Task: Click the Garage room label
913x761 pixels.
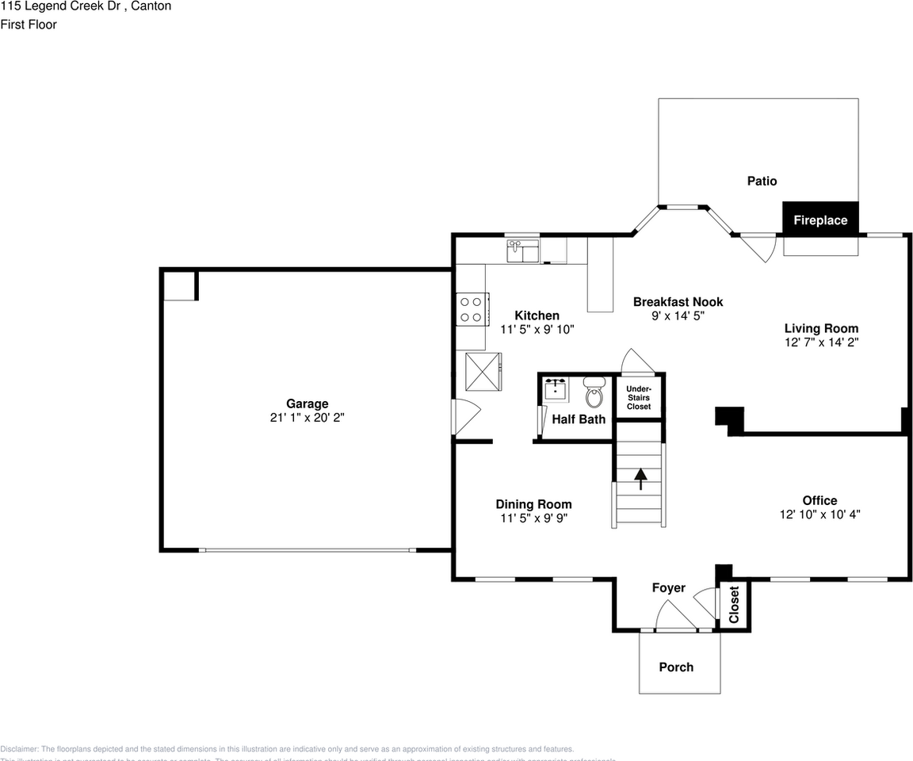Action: (x=307, y=403)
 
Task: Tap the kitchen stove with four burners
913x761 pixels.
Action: (x=471, y=308)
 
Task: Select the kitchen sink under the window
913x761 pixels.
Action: (x=522, y=251)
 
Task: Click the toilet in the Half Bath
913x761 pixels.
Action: (x=594, y=393)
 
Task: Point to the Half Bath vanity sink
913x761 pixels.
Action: (x=556, y=389)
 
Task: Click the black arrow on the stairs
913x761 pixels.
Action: (x=640, y=479)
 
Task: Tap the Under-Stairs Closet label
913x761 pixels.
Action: (x=639, y=397)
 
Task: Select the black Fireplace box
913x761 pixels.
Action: (x=820, y=220)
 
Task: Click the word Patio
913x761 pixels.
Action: (x=762, y=181)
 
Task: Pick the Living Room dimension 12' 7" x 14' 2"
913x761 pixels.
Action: (x=821, y=342)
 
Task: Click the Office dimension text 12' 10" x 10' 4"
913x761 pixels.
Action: (x=819, y=514)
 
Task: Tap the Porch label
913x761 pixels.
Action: (x=676, y=667)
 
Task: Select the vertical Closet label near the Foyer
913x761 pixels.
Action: (x=733, y=605)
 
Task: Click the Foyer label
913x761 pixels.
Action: (x=667, y=587)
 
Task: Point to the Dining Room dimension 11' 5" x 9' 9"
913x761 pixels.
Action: (x=533, y=518)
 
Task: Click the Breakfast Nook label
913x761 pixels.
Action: (x=678, y=301)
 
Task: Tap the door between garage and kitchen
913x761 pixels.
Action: (x=465, y=416)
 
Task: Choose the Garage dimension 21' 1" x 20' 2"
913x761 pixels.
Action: (x=307, y=417)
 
